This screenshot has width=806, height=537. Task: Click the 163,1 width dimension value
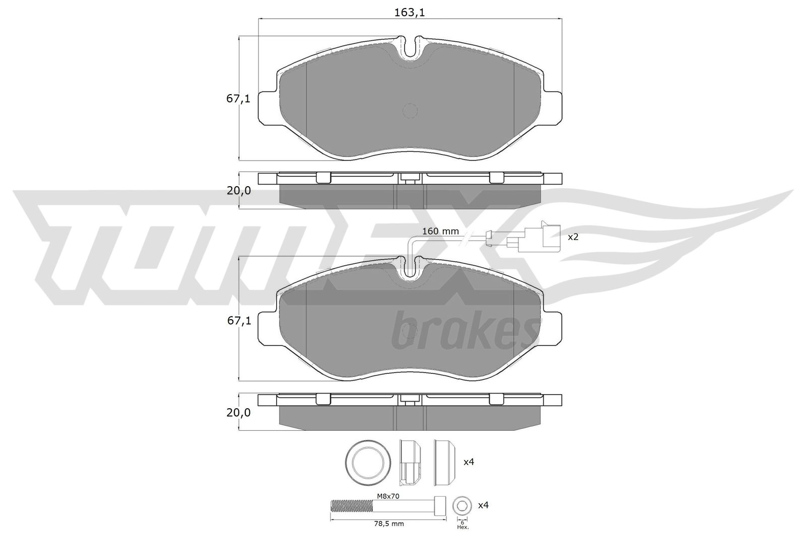point(410,13)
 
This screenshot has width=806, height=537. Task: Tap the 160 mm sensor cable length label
point(440,231)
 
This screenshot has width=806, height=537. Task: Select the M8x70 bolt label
point(388,496)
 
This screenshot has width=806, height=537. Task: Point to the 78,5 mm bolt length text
point(388,524)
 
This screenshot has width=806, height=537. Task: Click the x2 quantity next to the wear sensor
point(573,237)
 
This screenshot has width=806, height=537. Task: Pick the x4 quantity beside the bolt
point(483,505)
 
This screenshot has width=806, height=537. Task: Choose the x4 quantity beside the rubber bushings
point(469,462)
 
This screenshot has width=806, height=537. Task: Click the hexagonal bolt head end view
point(462,506)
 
